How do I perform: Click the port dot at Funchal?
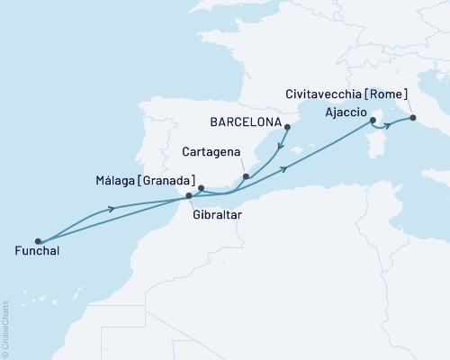pyautogui.click(x=38, y=241)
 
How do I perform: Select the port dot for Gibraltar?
pyautogui.click(x=188, y=195)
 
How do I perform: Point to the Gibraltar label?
pyautogui.click(x=216, y=216)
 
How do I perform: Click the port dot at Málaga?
pyautogui.click(x=202, y=188)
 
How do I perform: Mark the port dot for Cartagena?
pyautogui.click(x=247, y=177)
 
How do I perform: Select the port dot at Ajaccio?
pyautogui.click(x=372, y=120)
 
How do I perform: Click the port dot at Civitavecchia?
pyautogui.click(x=412, y=117)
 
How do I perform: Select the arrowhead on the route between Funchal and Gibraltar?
pyautogui.click(x=112, y=210)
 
